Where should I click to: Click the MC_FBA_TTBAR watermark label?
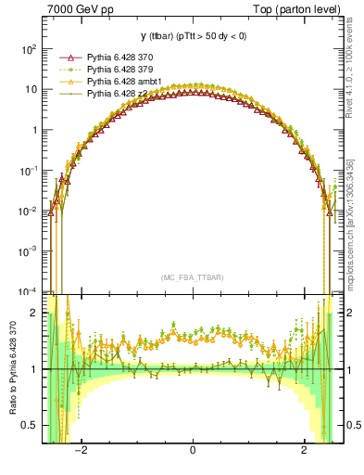click(192, 277)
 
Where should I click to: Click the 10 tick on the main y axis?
click(31, 89)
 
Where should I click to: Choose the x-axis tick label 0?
click(192, 451)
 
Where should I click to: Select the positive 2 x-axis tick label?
click(304, 451)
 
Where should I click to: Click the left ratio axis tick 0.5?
click(32, 425)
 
